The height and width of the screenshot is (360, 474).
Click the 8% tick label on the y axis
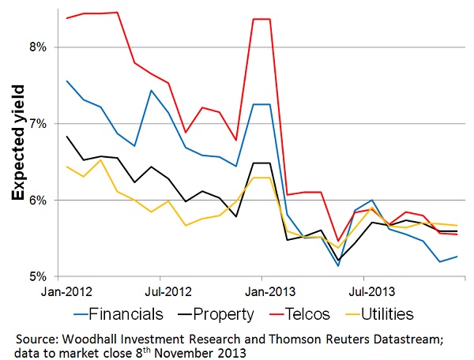[x=39, y=47]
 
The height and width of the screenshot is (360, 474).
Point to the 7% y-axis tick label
[x=39, y=124]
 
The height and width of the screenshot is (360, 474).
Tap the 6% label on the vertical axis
[x=39, y=201]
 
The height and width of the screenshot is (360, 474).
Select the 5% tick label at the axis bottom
[x=39, y=277]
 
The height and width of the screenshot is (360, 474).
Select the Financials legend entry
[x=126, y=314]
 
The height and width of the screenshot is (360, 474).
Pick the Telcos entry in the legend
[x=322, y=314]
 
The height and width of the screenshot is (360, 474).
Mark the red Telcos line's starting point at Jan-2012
[x=66, y=18]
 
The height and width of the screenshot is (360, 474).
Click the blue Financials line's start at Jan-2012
[x=66, y=81]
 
